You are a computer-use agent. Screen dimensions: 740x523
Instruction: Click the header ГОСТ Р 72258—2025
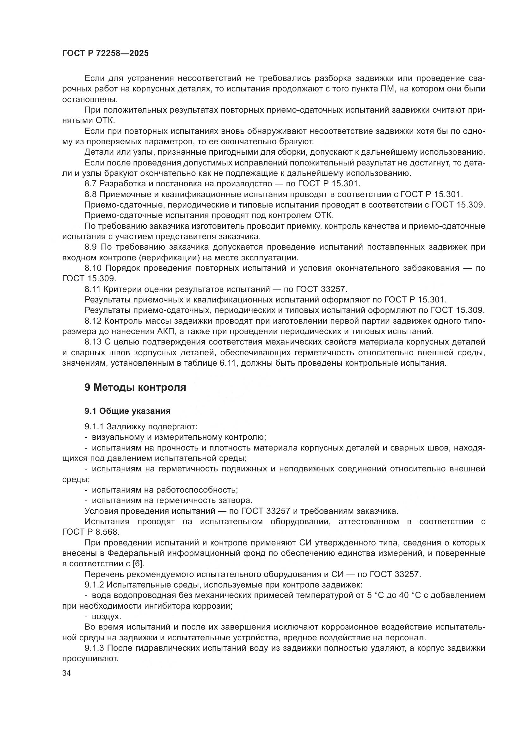tap(105, 53)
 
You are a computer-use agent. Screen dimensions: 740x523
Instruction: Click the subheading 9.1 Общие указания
tap(127, 411)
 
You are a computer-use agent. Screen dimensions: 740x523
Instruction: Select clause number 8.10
tap(93, 269)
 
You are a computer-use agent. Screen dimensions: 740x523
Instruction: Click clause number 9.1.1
tap(94, 427)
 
